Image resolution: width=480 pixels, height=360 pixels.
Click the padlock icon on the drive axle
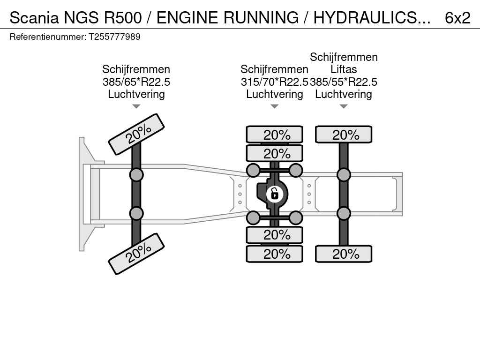pos(275,193)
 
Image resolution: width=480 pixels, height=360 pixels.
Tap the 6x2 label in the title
pos(457,18)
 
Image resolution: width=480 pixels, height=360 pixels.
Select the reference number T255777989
pos(114,37)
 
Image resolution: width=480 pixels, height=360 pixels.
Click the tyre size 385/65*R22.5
pos(136,82)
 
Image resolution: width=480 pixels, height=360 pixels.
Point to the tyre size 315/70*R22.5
pos(274,82)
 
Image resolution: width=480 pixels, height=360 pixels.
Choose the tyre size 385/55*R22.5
pos(344,82)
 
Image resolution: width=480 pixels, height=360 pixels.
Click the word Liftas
pos(344,69)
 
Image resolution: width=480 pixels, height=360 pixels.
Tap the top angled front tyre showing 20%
pos(136,134)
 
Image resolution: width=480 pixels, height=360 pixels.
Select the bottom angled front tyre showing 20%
pos(136,254)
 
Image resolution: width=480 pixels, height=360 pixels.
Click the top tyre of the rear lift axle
pos(344,135)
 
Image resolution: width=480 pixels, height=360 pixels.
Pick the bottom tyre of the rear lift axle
pos(344,254)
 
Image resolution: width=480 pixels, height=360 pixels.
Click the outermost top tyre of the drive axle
pos(275,135)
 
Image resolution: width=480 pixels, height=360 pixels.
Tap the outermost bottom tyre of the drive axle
pos(275,254)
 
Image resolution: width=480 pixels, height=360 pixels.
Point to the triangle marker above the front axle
pos(136,106)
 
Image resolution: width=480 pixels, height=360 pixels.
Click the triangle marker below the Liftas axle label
pos(344,106)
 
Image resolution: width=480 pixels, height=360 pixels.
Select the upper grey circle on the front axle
pos(136,175)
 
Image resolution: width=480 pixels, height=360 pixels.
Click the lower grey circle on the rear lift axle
pos(344,213)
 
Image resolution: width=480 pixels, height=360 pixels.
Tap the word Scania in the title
pos(34,18)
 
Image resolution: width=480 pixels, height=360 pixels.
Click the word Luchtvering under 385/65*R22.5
pos(136,94)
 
